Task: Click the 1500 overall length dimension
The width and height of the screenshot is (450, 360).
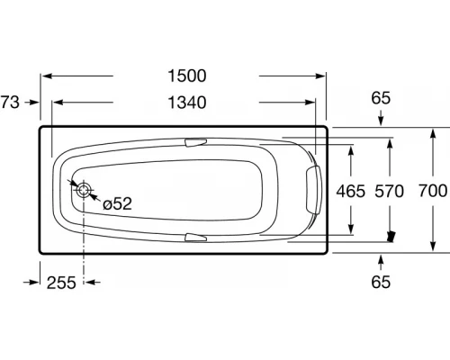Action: (x=187, y=76)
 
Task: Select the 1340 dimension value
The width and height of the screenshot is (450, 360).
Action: (x=187, y=103)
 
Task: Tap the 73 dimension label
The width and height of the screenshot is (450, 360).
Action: (x=10, y=102)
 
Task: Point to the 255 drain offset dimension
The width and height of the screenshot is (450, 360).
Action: (x=61, y=283)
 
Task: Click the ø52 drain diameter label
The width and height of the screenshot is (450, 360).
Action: (x=117, y=204)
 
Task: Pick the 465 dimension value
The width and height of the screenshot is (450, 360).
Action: (x=350, y=191)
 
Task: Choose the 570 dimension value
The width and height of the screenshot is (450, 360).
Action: (x=389, y=191)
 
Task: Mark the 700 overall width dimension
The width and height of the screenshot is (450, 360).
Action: (x=433, y=191)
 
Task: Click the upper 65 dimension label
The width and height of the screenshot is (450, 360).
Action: (x=381, y=98)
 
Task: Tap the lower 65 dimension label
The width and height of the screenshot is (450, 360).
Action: (x=381, y=282)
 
